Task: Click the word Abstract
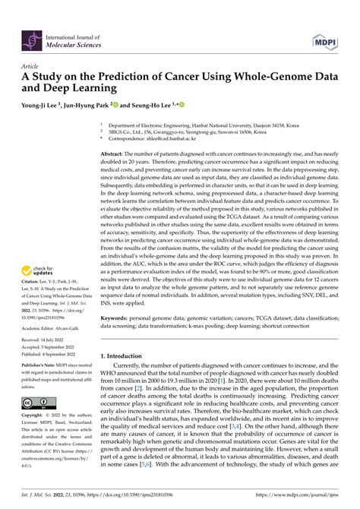point(113,153)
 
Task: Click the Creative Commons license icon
point(38,402)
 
